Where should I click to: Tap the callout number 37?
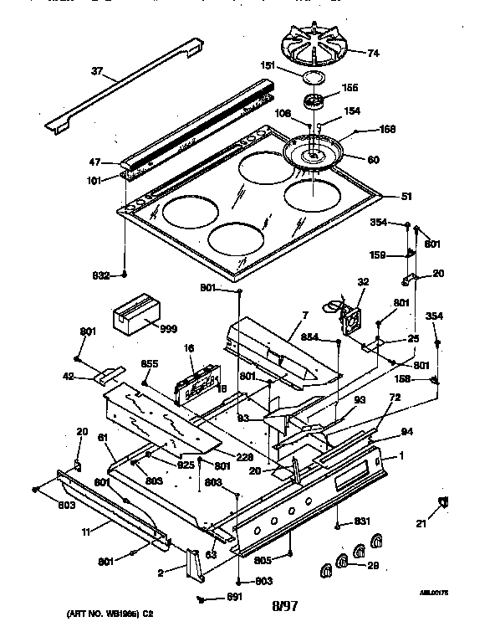(x=98, y=72)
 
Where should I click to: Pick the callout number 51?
(x=407, y=198)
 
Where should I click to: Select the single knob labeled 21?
(x=443, y=502)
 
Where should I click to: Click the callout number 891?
(x=236, y=598)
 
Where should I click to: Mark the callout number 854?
(x=309, y=336)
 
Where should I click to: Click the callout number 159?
(x=377, y=255)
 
